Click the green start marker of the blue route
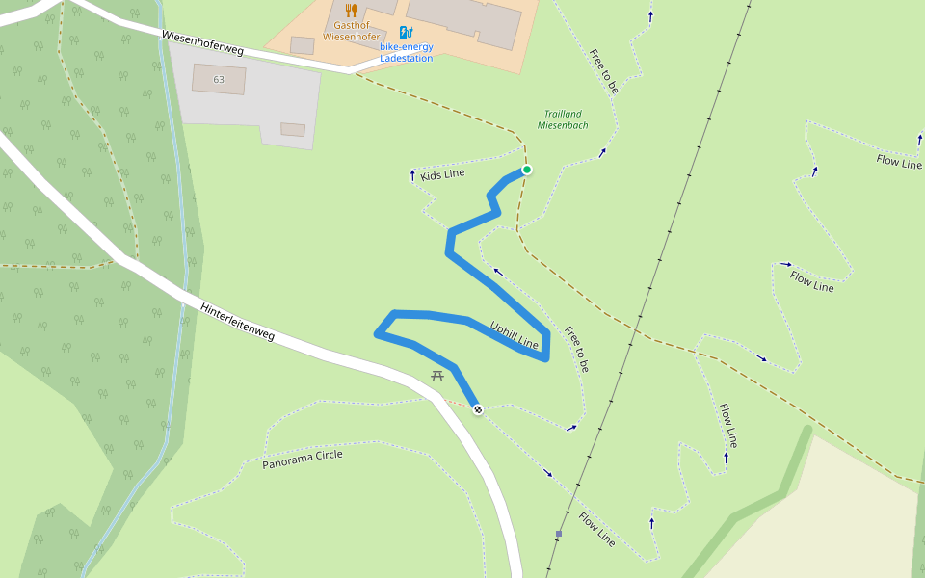(x=527, y=170)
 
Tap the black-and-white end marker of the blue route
(x=477, y=409)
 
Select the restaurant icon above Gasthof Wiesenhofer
(x=351, y=11)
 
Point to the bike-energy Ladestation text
(x=406, y=52)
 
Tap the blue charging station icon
(x=406, y=32)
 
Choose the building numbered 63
(x=218, y=79)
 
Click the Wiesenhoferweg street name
(x=202, y=41)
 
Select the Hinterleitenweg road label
(x=237, y=323)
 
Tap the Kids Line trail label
(x=442, y=174)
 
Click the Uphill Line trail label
(x=514, y=333)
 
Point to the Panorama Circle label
(x=302, y=460)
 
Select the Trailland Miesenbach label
(x=563, y=119)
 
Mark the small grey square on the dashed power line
(x=558, y=534)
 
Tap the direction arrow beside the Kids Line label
(x=412, y=175)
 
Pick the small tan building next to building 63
(x=293, y=129)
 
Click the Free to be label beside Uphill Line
(x=576, y=349)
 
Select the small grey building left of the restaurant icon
(x=302, y=44)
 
